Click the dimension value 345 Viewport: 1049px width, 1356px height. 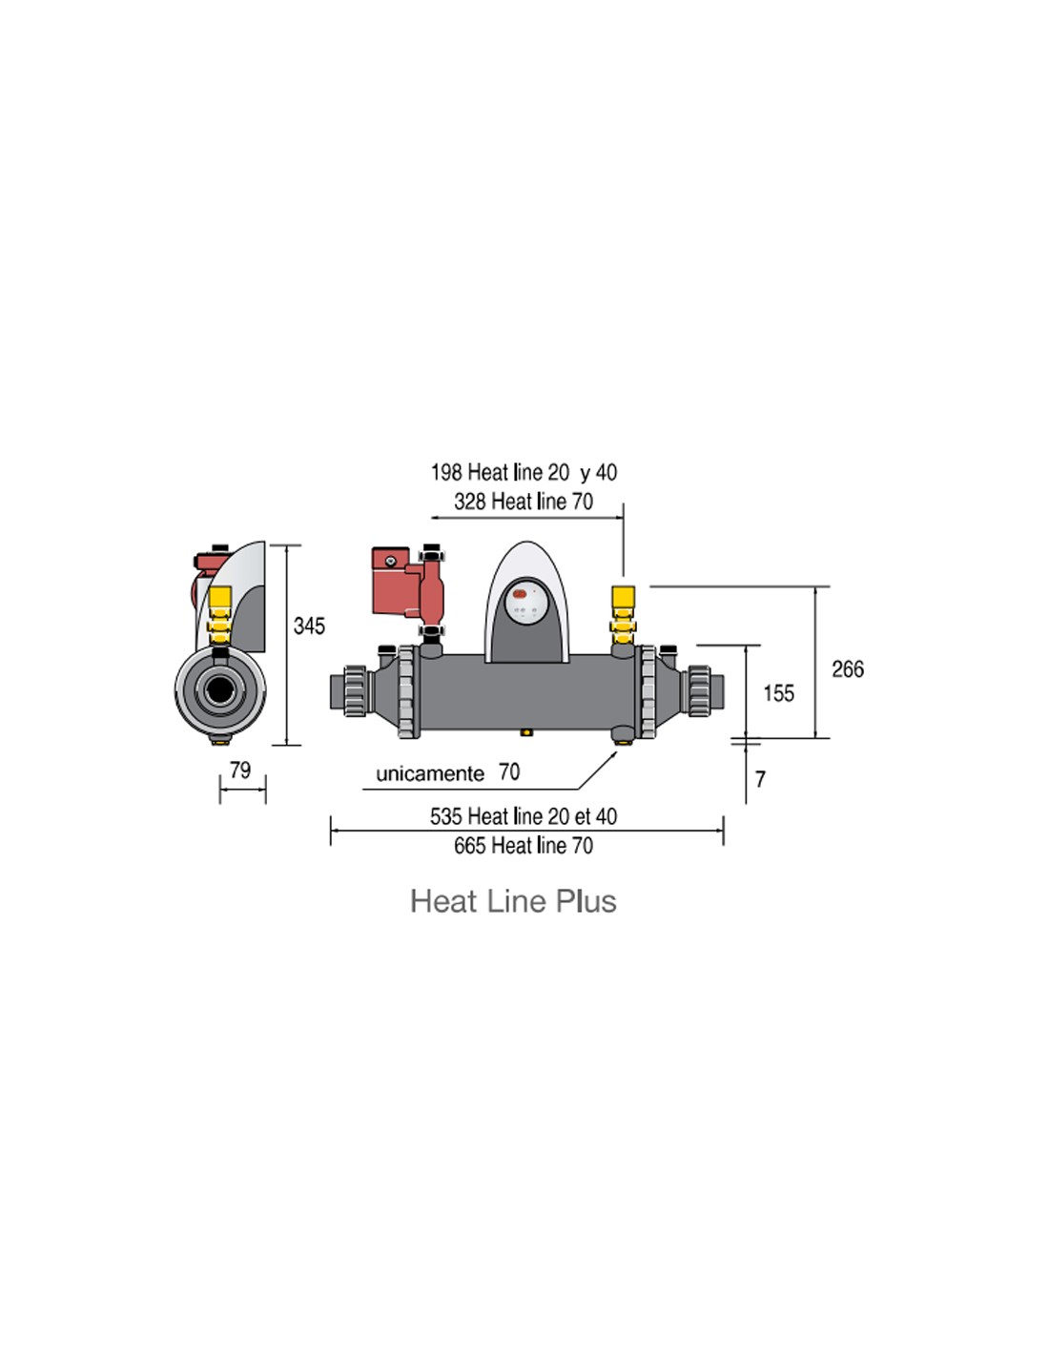[x=309, y=626]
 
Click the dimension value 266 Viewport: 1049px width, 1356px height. [x=848, y=669]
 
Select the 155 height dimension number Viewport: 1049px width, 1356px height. [x=778, y=693]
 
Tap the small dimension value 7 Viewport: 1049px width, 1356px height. [x=759, y=779]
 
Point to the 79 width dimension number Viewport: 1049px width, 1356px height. [x=240, y=770]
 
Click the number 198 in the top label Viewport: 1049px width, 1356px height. [x=446, y=472]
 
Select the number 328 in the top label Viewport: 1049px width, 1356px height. [x=470, y=501]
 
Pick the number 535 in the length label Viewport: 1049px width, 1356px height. [x=445, y=816]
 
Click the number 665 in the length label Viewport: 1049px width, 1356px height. [x=470, y=846]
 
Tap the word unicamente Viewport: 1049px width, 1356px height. [x=430, y=773]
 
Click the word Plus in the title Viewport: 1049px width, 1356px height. [x=586, y=901]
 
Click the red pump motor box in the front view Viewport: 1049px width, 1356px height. [x=390, y=580]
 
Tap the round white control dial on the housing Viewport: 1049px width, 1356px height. [x=526, y=603]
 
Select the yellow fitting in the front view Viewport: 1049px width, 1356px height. [x=623, y=615]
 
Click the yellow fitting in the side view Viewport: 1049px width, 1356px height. [x=219, y=616]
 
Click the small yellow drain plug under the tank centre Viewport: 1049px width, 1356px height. [x=526, y=732]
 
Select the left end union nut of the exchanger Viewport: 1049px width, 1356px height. [x=355, y=690]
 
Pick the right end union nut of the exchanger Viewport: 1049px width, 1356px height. [x=699, y=690]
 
